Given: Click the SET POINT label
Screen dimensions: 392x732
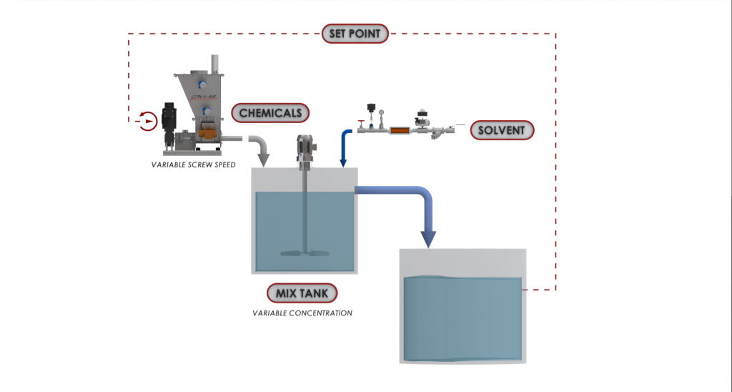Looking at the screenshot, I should click(355, 33).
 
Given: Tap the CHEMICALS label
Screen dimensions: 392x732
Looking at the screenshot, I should click(270, 113).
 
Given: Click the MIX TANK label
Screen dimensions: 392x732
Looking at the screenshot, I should click(302, 293).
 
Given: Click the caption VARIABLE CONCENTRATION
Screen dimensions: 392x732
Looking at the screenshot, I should click(302, 313).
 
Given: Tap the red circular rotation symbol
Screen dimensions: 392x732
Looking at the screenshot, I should click(147, 121).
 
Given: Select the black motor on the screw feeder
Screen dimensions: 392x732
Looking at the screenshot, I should click(169, 118).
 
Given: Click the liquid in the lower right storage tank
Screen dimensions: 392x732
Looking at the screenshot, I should click(461, 318).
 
